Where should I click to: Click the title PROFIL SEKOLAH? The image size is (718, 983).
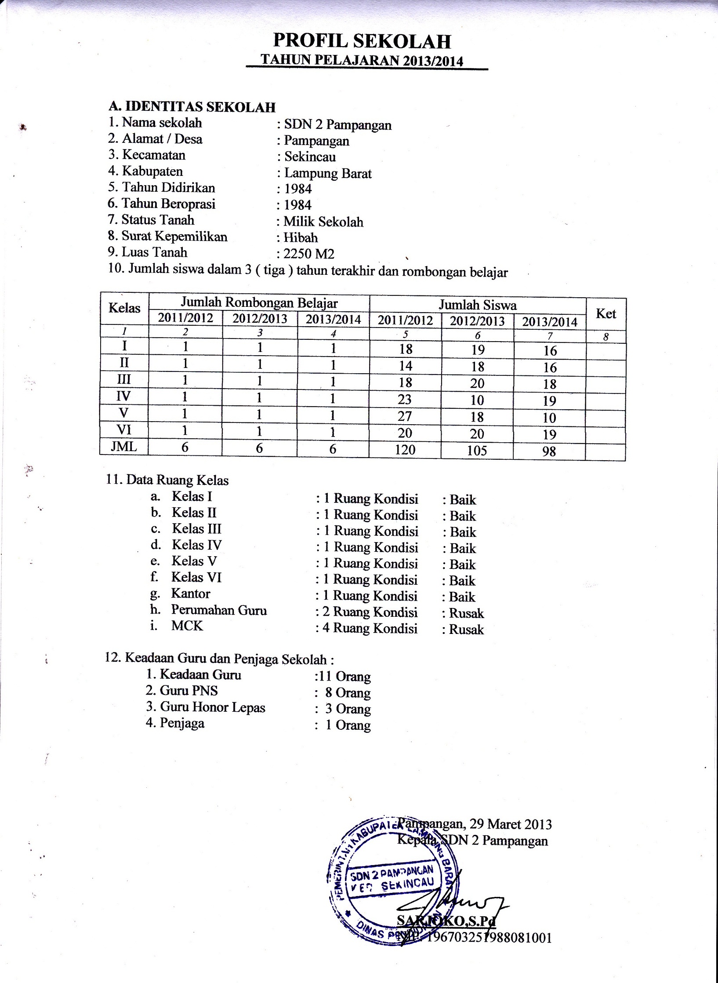click(x=362, y=41)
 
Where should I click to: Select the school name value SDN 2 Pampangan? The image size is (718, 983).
click(x=337, y=125)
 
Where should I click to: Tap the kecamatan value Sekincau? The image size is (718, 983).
click(x=310, y=157)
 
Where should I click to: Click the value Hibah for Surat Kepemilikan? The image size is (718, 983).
click(x=301, y=238)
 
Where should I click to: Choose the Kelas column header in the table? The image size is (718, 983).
click(x=124, y=308)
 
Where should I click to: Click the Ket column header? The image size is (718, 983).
click(x=606, y=314)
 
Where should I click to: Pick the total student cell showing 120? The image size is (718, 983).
click(x=405, y=450)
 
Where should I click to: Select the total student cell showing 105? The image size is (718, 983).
click(x=477, y=451)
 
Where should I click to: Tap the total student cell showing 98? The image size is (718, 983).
click(x=549, y=451)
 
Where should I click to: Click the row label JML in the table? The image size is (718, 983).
click(x=124, y=447)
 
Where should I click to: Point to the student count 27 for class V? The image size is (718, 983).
click(x=405, y=416)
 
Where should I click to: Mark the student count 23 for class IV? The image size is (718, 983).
click(x=405, y=400)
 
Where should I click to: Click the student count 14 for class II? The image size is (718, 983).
click(x=405, y=366)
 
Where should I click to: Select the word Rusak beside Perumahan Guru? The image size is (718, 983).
click(x=466, y=613)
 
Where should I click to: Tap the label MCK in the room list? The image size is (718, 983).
click(x=187, y=626)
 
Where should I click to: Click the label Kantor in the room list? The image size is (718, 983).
click(x=191, y=593)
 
